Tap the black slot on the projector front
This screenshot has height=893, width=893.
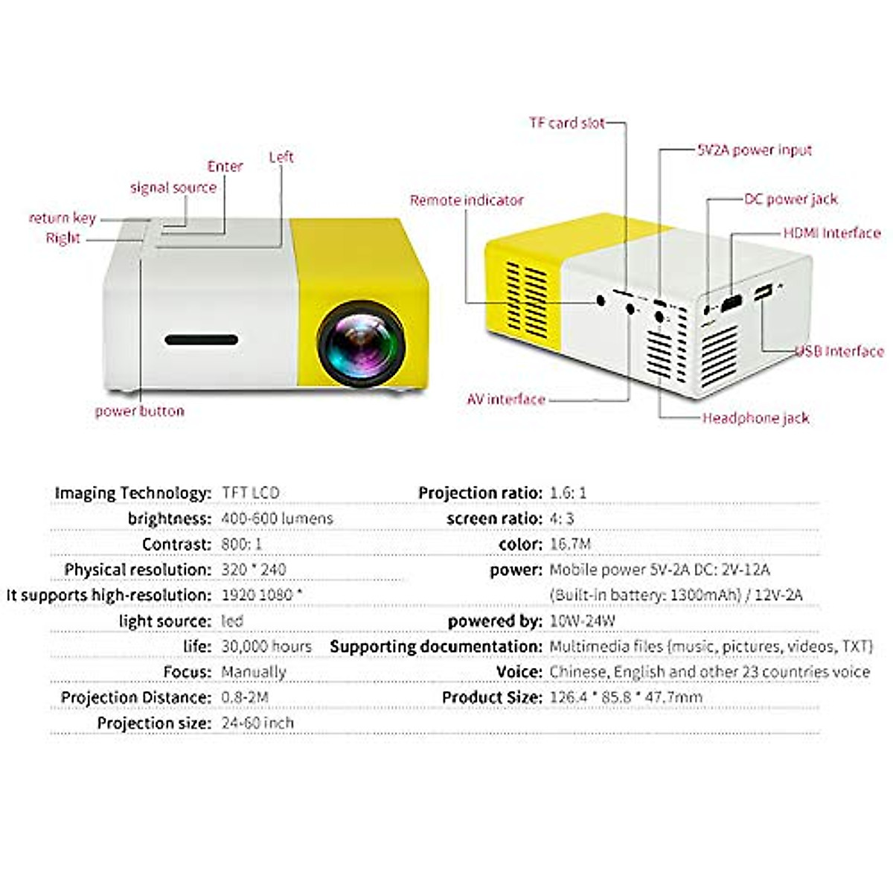pyautogui.click(x=202, y=340)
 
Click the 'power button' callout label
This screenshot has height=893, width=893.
pyautogui.click(x=139, y=411)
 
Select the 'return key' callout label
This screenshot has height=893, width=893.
pyautogui.click(x=63, y=218)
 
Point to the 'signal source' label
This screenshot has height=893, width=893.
pyautogui.click(x=173, y=188)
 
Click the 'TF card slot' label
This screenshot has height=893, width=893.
pyautogui.click(x=567, y=123)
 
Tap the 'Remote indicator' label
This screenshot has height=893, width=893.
pyautogui.click(x=467, y=200)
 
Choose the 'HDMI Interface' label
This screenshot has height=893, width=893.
pyautogui.click(x=831, y=233)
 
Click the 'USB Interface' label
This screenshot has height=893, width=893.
pyautogui.click(x=839, y=351)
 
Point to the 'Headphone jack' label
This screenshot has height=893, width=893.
pyautogui.click(x=755, y=418)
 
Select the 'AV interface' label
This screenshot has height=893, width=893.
pyautogui.click(x=506, y=400)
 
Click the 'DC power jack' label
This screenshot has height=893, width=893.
pyautogui.click(x=790, y=199)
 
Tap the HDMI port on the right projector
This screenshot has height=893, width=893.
pyautogui.click(x=732, y=304)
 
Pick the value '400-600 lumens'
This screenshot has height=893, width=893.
pyautogui.click(x=277, y=519)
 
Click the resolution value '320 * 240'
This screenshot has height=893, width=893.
pyautogui.click(x=253, y=569)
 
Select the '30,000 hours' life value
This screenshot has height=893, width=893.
pyautogui.click(x=266, y=646)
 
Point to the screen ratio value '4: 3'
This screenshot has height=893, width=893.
pyautogui.click(x=562, y=519)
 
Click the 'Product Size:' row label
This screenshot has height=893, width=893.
pyautogui.click(x=491, y=697)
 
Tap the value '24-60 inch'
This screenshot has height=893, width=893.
pyautogui.click(x=257, y=723)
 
